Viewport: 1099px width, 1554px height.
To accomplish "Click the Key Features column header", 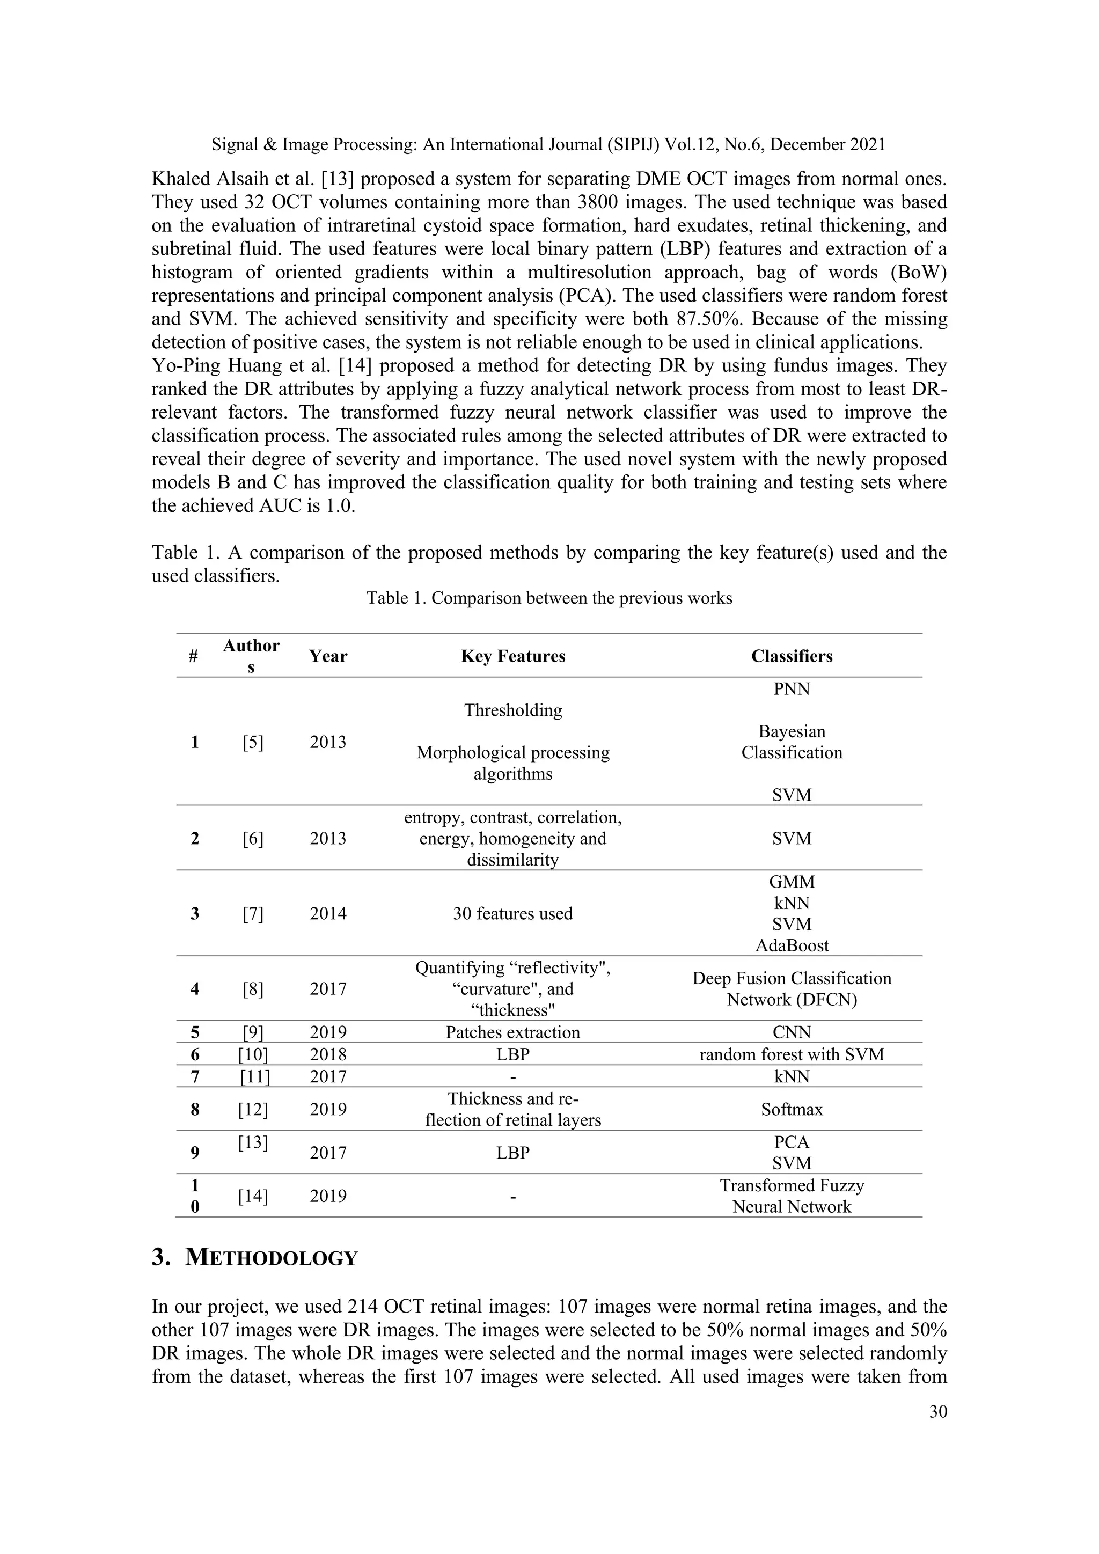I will pyautogui.click(x=512, y=656).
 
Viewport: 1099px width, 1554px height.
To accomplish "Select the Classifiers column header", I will pyautogui.click(x=791, y=656).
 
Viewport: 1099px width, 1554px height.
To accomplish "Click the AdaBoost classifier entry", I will pyautogui.click(x=791, y=945).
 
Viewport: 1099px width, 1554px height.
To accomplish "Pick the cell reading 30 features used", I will pyautogui.click(x=512, y=913).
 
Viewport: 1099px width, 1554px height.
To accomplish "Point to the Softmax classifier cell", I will pyautogui.click(x=791, y=1109).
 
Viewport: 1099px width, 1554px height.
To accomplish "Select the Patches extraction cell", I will pyautogui.click(x=512, y=1032).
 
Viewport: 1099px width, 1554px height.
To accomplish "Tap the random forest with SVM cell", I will pyautogui.click(x=791, y=1054).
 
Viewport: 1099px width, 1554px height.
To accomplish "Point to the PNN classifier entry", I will pyautogui.click(x=791, y=688).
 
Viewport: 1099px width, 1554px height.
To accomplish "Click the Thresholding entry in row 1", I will pyautogui.click(x=512, y=710).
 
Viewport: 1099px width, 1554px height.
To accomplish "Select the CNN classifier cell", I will pyautogui.click(x=791, y=1032).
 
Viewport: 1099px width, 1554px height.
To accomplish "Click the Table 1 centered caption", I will pyautogui.click(x=549, y=598).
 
